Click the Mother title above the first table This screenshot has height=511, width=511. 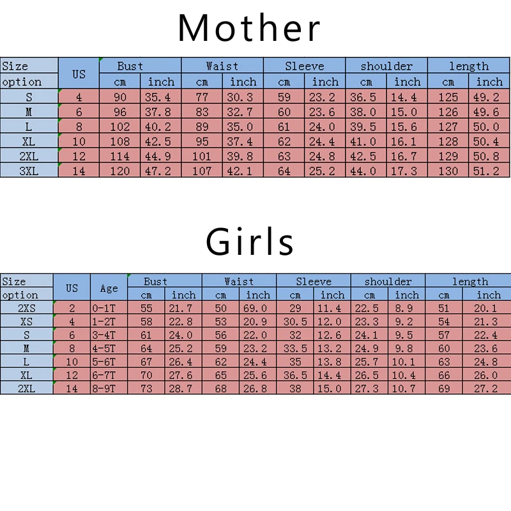click(249, 28)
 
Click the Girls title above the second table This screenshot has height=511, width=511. click(250, 242)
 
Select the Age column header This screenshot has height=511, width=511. click(109, 288)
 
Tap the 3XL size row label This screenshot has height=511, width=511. click(29, 171)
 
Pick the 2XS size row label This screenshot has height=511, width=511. click(26, 309)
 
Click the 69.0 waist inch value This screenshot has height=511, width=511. click(258, 309)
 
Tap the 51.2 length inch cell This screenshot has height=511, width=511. click(489, 171)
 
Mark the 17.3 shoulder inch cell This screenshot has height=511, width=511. click(407, 171)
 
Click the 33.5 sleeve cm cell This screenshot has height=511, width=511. click(295, 349)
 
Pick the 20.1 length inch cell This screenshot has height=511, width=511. click(489, 309)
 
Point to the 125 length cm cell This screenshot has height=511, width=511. click(448, 97)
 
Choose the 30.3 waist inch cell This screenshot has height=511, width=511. click(243, 97)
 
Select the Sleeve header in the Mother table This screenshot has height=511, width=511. click(305, 66)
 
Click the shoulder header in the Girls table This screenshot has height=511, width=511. click(388, 281)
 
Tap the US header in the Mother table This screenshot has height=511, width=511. click(79, 73)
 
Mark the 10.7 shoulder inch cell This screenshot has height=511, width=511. click(407, 388)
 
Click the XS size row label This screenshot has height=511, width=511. click(26, 322)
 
